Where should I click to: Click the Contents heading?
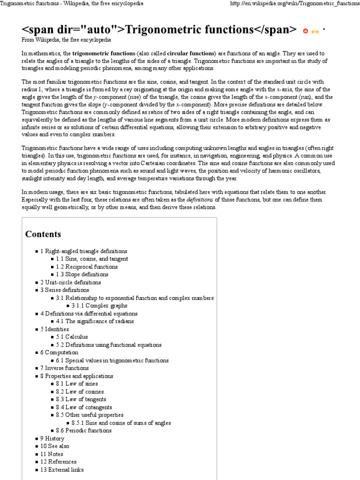point(43,234)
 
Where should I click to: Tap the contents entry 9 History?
point(52,438)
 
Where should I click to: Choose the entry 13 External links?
point(62,470)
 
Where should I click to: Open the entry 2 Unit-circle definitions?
point(70,282)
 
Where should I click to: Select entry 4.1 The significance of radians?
point(95,321)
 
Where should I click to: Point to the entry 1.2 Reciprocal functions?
point(87,267)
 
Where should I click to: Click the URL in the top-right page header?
point(292,4)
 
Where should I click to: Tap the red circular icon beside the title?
point(306,30)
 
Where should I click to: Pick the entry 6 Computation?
point(59,352)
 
